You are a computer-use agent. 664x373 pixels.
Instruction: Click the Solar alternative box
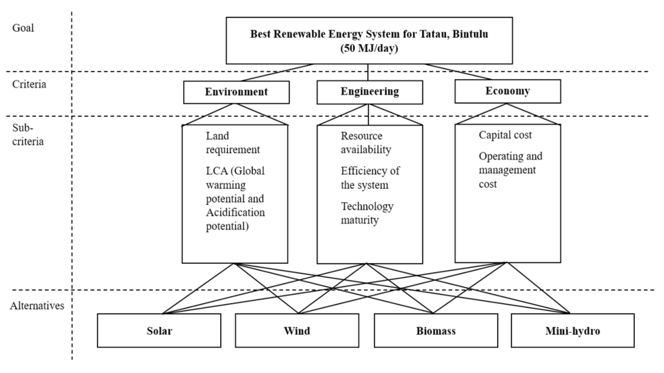click(159, 330)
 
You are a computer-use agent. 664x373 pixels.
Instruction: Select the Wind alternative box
click(297, 330)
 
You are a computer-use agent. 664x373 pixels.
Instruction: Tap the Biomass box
click(436, 330)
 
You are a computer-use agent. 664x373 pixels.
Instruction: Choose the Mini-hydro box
click(573, 330)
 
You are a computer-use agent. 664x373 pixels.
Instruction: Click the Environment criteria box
click(236, 92)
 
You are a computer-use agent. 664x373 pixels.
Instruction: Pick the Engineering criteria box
click(370, 92)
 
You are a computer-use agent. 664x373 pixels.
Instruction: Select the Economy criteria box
click(508, 91)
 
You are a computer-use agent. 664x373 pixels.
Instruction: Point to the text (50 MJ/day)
click(369, 48)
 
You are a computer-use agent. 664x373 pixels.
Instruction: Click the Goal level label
click(23, 28)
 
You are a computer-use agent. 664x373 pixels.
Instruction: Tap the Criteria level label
click(29, 84)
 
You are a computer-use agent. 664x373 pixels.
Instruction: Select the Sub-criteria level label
click(28, 135)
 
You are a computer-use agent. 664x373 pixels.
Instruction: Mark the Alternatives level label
click(37, 306)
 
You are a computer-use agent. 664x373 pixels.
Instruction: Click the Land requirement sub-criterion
click(233, 143)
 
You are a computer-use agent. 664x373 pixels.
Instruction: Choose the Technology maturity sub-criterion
click(367, 213)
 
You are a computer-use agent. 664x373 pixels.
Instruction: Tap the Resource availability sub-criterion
click(366, 143)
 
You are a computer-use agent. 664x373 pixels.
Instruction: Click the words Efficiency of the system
click(370, 178)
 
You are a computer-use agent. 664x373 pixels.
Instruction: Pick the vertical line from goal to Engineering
click(368, 72)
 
